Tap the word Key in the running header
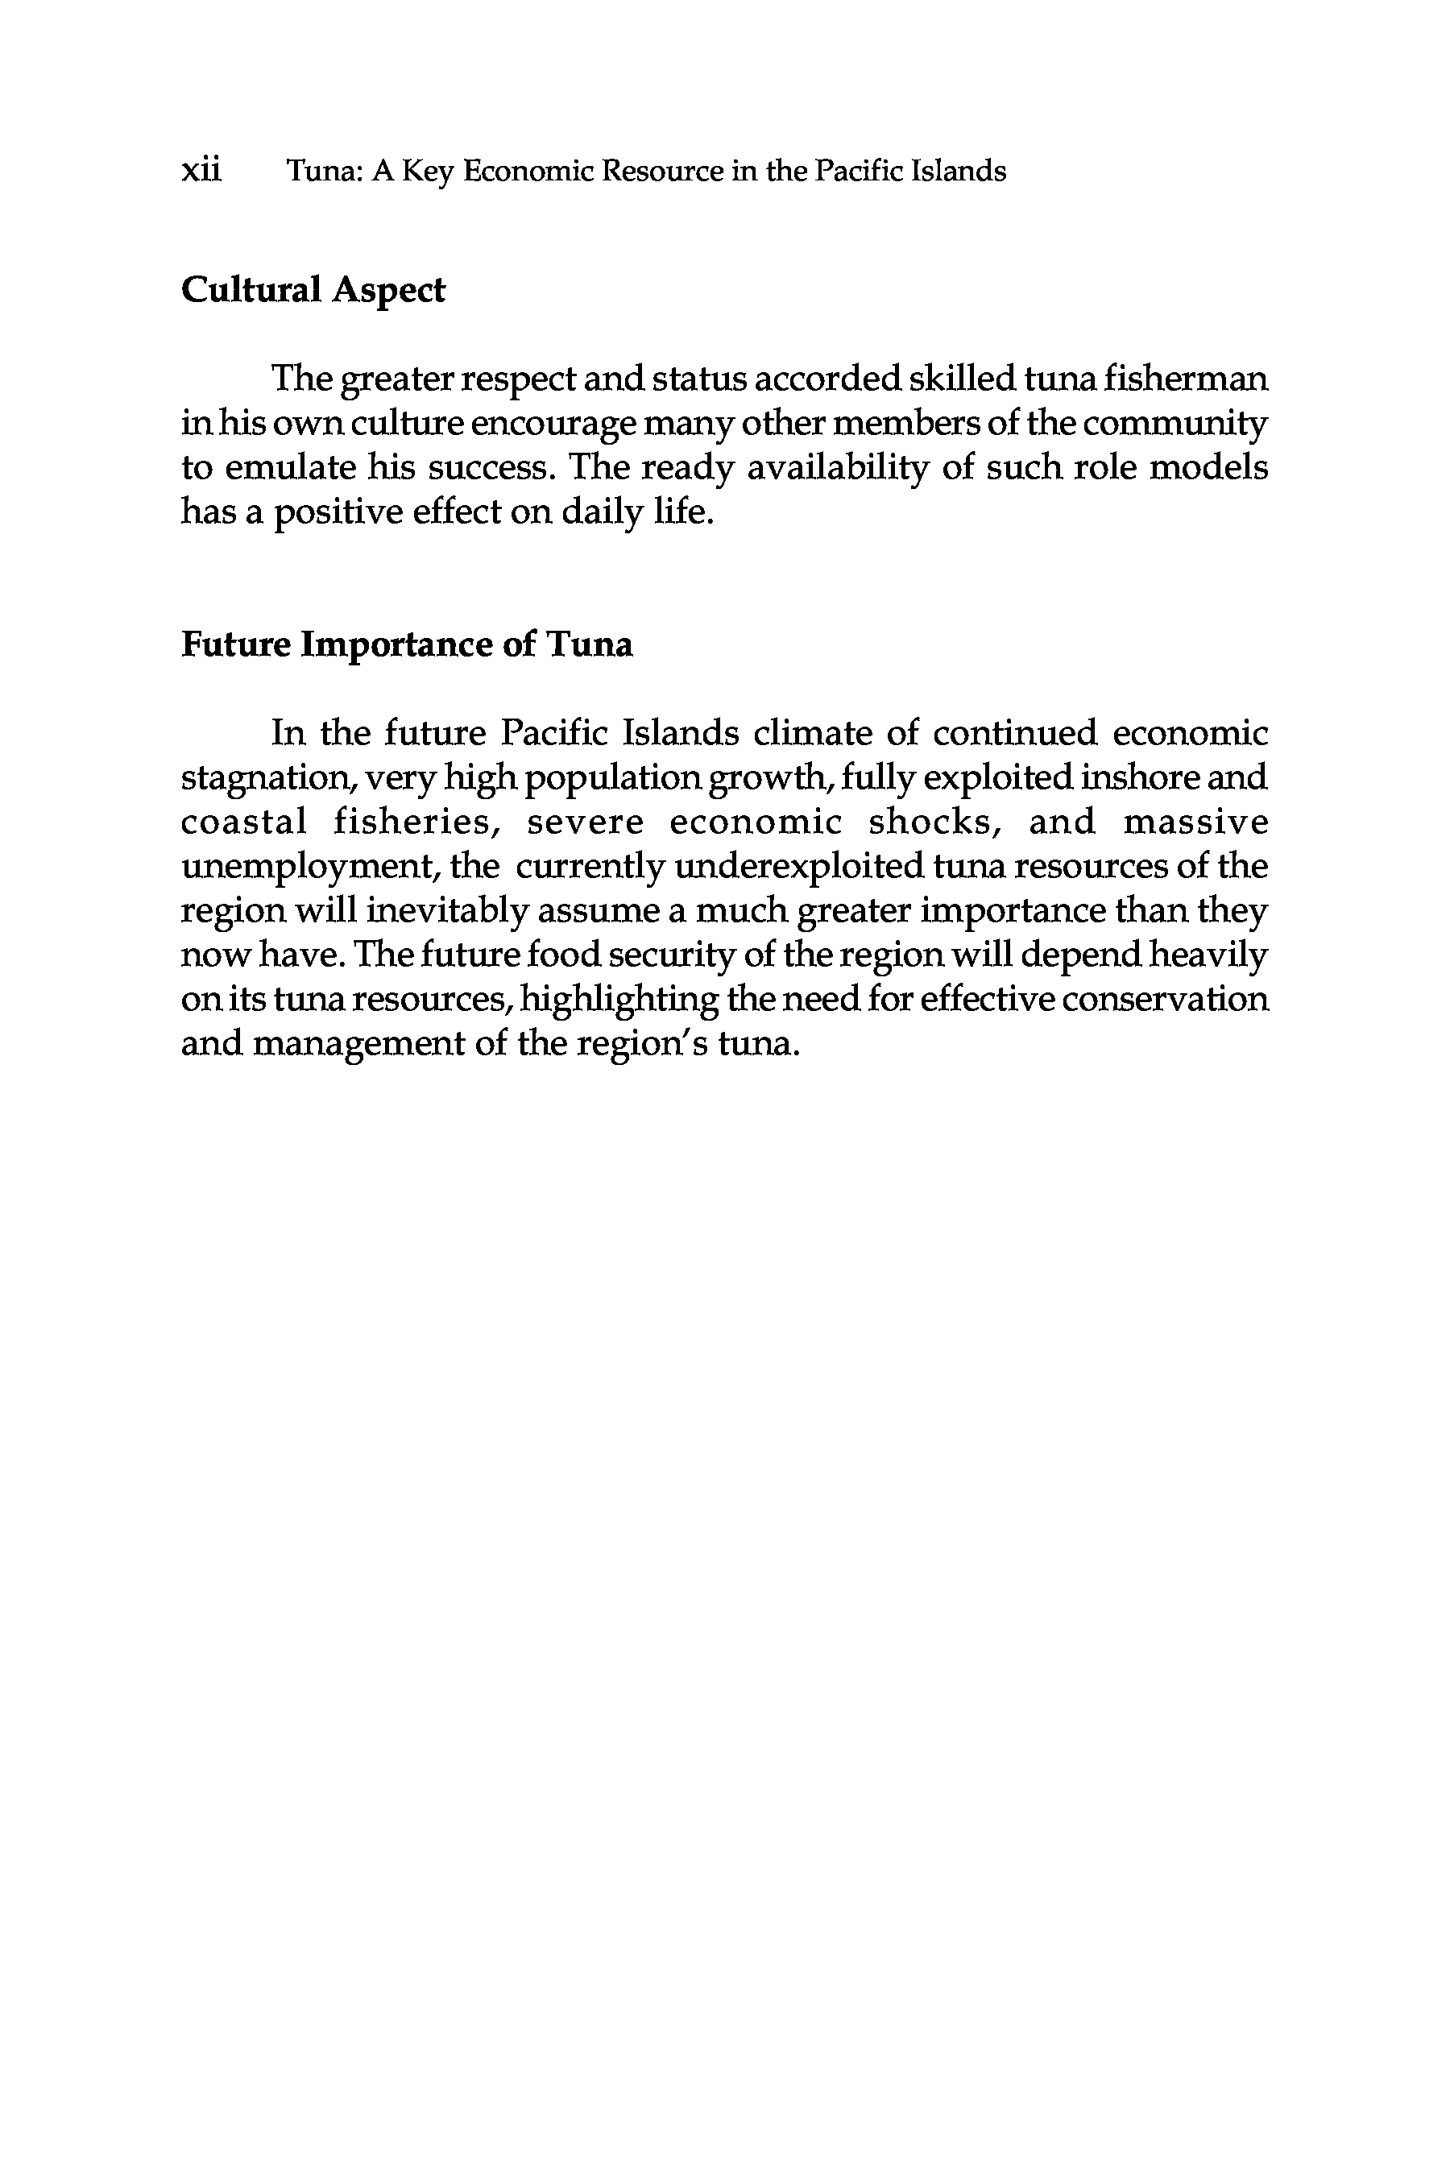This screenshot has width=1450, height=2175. (x=426, y=172)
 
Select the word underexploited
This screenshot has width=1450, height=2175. (x=799, y=867)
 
